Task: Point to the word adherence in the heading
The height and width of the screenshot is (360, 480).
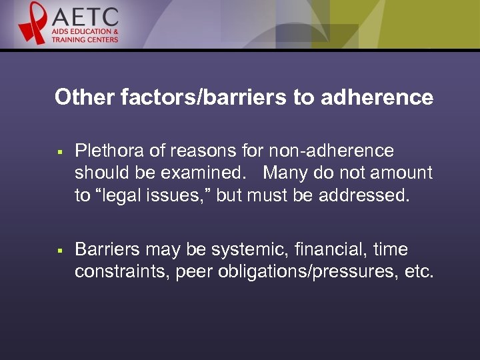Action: [377, 98]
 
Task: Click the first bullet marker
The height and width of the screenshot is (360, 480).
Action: [60, 153]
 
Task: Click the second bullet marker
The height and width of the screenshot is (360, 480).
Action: [60, 251]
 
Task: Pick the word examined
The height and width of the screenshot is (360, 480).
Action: [203, 173]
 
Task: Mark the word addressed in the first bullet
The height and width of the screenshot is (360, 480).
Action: [370, 195]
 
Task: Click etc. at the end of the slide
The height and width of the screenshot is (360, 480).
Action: [419, 272]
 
